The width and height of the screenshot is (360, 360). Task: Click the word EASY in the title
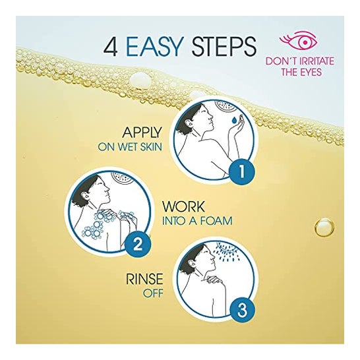[x=155, y=47]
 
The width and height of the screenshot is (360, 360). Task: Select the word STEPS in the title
[x=224, y=47]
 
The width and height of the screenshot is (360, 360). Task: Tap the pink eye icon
[x=299, y=42]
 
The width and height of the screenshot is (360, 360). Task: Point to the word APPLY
[x=142, y=133]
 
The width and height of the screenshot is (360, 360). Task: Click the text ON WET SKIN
[x=130, y=147]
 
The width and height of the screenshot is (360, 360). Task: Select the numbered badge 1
[x=242, y=171]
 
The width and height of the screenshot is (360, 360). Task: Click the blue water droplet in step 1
[x=234, y=120]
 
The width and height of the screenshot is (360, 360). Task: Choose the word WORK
[x=183, y=206]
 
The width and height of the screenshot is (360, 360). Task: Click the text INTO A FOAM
[x=197, y=221]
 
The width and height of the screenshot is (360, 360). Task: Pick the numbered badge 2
[x=138, y=245]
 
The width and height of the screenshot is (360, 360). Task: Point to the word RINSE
[x=144, y=279]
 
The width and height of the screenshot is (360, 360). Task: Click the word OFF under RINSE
[x=153, y=293]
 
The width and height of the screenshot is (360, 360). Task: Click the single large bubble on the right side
[x=324, y=227]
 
